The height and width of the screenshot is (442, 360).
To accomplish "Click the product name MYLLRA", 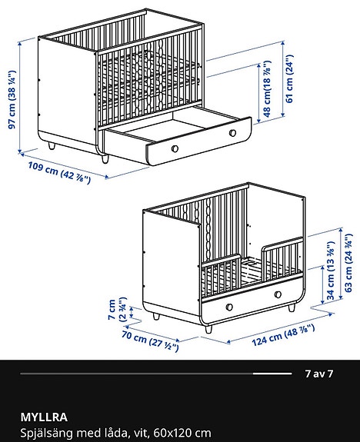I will click(43, 417).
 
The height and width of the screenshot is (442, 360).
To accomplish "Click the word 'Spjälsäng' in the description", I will click(45, 432).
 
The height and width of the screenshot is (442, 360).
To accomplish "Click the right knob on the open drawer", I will click(232, 133).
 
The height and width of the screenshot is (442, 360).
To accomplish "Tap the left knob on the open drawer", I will click(175, 146).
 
